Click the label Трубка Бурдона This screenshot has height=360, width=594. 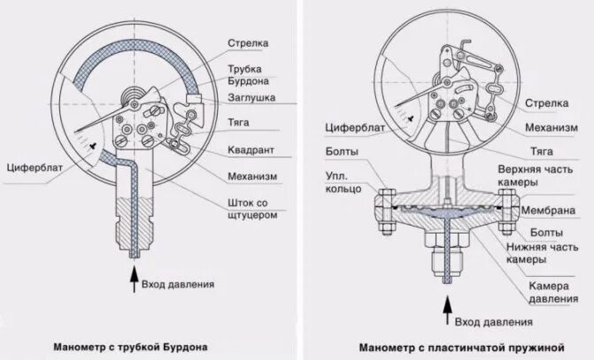(x=248, y=73)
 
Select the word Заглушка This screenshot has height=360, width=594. (x=253, y=97)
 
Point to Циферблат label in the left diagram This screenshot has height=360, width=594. (x=32, y=165)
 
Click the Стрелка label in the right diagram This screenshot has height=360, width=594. (x=547, y=103)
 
